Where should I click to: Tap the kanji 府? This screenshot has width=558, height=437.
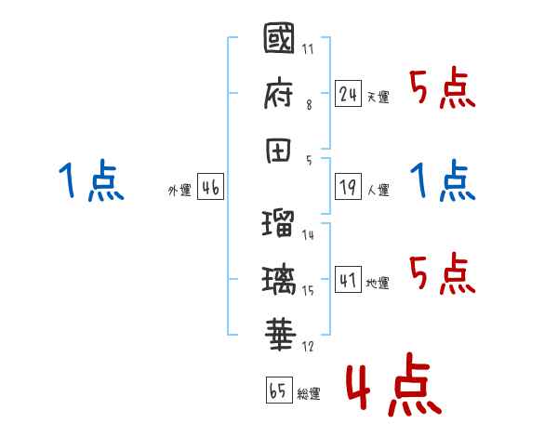pyautogui.click(x=279, y=94)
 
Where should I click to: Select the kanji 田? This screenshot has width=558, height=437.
pyautogui.click(x=279, y=147)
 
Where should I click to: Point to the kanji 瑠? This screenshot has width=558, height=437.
pyautogui.click(x=279, y=225)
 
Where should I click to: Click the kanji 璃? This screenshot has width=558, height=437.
pyautogui.click(x=279, y=278)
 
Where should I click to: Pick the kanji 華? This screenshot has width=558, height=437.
pyautogui.click(x=279, y=333)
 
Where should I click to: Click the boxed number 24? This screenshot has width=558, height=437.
pyautogui.click(x=348, y=93)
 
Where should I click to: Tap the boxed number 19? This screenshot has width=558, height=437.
pyautogui.click(x=348, y=187)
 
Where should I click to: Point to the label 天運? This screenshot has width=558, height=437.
pyautogui.click(x=378, y=97)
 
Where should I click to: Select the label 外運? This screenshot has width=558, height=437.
pyautogui.click(x=179, y=191)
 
